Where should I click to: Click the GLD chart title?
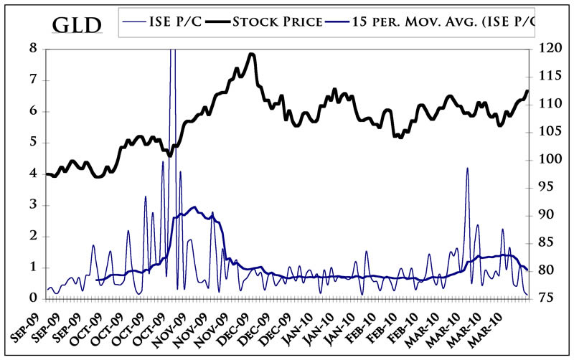(x=77, y=27)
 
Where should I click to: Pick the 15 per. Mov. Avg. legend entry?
(x=445, y=21)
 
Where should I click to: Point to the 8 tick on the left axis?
(x=33, y=49)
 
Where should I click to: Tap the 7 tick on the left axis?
(x=33, y=80)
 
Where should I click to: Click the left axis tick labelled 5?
(x=33, y=143)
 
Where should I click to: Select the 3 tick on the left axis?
(x=33, y=205)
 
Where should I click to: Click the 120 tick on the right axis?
(x=545, y=49)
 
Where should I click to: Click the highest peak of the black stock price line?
(x=251, y=54)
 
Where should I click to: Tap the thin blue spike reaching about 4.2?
(x=467, y=169)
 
